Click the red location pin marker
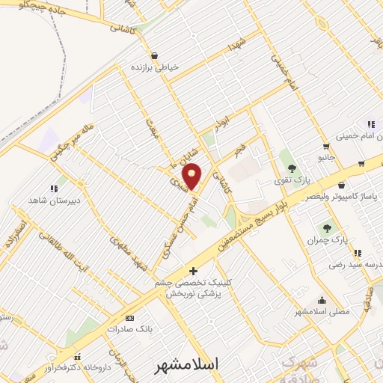[192, 176]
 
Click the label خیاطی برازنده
[156, 67]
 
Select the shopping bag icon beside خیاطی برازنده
[154, 55]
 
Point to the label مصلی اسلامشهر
[321, 311]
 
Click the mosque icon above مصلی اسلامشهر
[322, 299]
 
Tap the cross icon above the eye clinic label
[194, 270]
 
